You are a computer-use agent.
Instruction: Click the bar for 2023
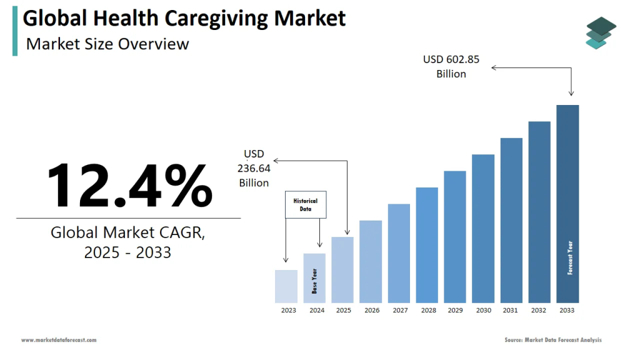[x=286, y=286]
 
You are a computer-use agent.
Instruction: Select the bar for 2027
[x=399, y=253]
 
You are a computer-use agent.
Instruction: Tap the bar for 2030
[x=483, y=228]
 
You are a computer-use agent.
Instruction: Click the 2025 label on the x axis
[x=343, y=311]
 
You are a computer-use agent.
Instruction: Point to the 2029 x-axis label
[x=455, y=311]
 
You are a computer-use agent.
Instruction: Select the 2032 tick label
[x=539, y=311]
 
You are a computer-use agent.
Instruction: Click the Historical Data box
[x=306, y=205]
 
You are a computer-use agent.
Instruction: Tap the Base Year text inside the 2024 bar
[x=315, y=281]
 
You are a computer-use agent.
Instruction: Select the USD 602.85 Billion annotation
[x=451, y=66]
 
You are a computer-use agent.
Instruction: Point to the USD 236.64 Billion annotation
[x=254, y=168]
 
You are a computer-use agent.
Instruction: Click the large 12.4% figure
[x=129, y=186]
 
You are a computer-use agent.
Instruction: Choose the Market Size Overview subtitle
[x=107, y=44]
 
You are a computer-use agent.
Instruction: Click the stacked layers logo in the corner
[x=601, y=32]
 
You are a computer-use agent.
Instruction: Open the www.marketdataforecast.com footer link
[x=59, y=340]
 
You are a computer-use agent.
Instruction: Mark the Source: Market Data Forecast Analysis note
[x=553, y=340]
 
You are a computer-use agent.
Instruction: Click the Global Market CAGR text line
[x=127, y=232]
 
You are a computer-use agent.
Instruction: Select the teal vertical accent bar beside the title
[x=15, y=31]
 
